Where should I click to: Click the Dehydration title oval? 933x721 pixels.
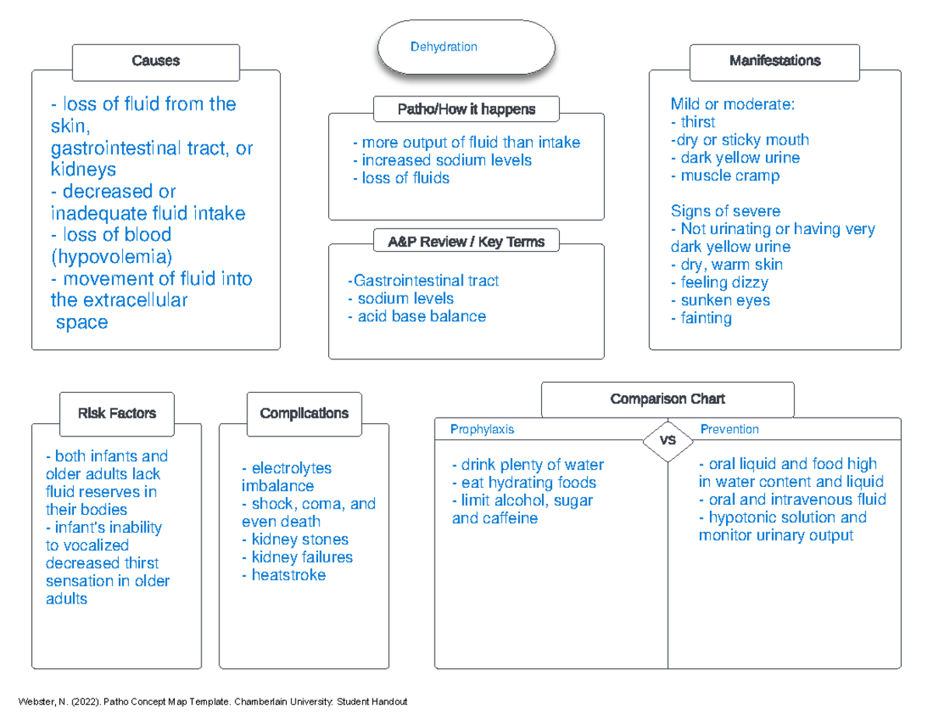click(x=466, y=47)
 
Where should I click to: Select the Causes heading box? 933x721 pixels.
click(x=155, y=61)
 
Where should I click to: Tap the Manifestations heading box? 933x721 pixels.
click(x=774, y=61)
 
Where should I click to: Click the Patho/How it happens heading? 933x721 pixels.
click(x=466, y=110)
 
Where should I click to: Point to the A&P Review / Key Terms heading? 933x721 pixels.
click(x=466, y=242)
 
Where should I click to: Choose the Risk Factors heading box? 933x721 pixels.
click(x=117, y=414)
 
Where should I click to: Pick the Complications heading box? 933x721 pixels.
click(x=304, y=414)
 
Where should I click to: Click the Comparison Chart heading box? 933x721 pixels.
click(x=667, y=399)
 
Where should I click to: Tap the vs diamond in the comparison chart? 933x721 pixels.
click(x=667, y=440)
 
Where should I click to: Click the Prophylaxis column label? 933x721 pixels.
click(x=482, y=429)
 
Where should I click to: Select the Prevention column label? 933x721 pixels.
click(x=729, y=429)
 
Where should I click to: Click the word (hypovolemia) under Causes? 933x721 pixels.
click(x=111, y=256)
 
